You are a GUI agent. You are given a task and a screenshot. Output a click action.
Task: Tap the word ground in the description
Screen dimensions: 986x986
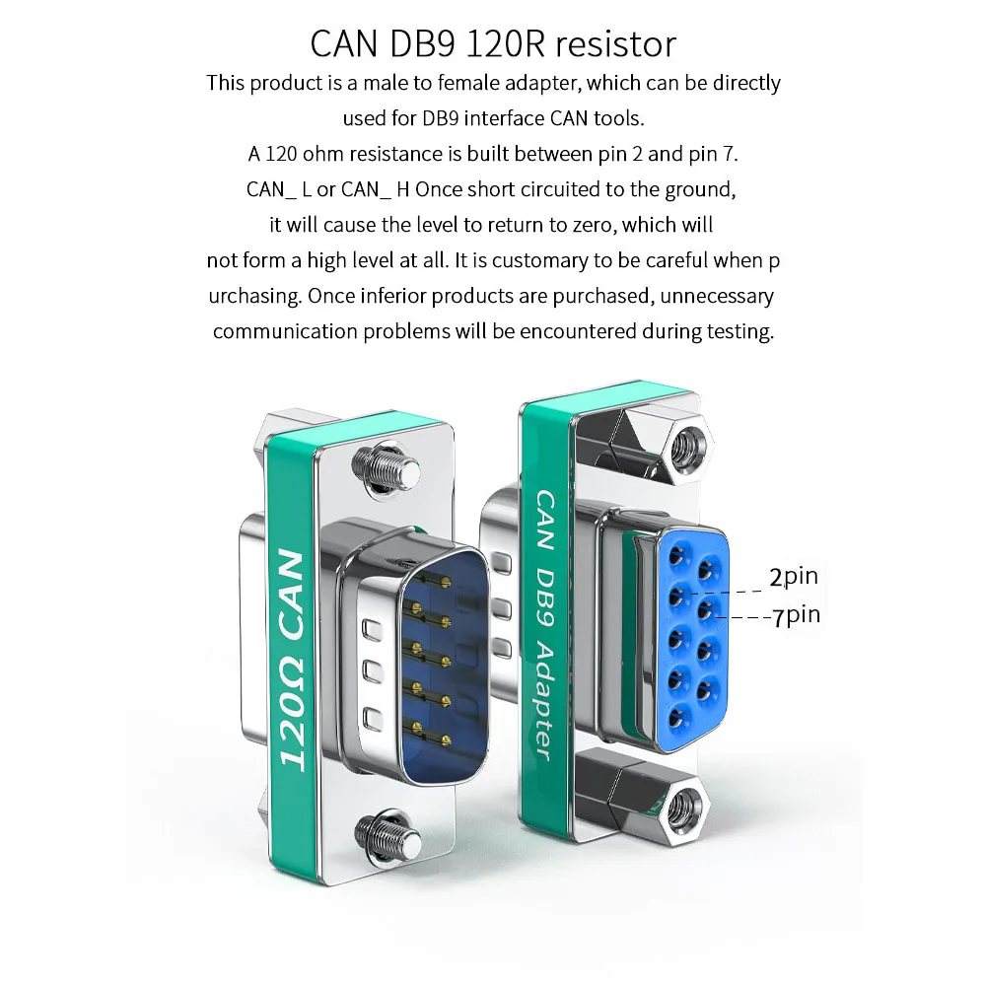(x=702, y=189)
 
